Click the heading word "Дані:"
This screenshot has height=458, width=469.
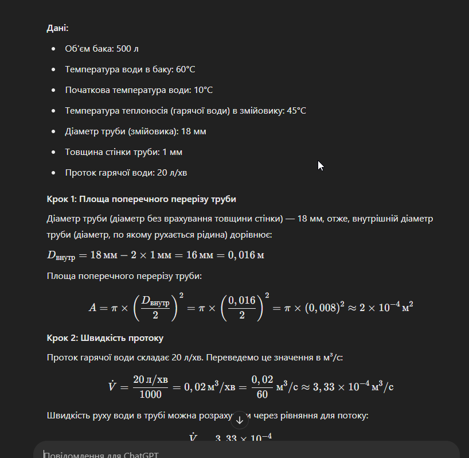coord(58,28)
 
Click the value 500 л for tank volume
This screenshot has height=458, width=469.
coord(128,49)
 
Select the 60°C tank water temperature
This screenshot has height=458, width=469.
coord(186,69)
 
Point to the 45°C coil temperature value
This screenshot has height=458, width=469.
coord(296,111)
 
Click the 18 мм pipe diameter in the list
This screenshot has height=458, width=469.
coord(193,131)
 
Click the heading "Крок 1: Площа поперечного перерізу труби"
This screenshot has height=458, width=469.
coord(141,199)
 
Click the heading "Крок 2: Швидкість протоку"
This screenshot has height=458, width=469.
coord(105,337)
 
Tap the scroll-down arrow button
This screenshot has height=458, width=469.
coord(240,421)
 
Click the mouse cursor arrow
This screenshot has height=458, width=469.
coord(321,165)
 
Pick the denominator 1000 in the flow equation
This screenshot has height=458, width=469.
coord(150,394)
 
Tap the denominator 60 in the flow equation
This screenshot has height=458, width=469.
coord(261,394)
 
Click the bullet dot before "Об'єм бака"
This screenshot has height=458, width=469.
coord(53,49)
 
